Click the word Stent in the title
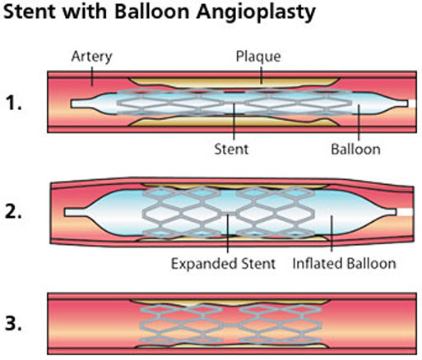tap(31, 12)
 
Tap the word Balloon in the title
tap(152, 12)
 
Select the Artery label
tap(91, 57)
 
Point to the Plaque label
tap(258, 57)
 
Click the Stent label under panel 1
tap(231, 150)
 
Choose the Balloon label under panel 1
tap(355, 150)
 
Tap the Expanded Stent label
tap(223, 264)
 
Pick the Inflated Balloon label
tap(345, 264)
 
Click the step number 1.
tap(13, 104)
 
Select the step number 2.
tap(13, 212)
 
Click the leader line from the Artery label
tap(92, 76)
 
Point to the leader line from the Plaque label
tap(262, 75)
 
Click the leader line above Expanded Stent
tap(228, 233)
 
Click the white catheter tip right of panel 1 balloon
tap(412, 104)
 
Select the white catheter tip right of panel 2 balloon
tap(405, 212)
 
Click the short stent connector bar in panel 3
tap(230, 325)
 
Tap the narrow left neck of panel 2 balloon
tap(75, 212)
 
